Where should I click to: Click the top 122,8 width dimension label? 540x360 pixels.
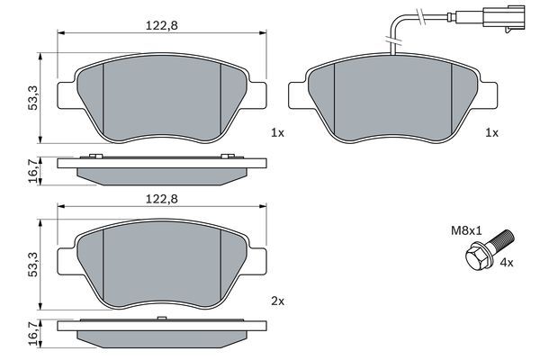(x=162, y=26)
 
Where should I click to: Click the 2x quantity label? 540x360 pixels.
(x=277, y=301)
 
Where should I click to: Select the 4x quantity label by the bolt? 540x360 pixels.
(x=506, y=263)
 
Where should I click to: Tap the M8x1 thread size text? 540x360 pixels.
(x=465, y=230)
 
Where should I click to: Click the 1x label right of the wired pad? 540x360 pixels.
(x=491, y=132)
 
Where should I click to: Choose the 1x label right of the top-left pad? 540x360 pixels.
(x=277, y=132)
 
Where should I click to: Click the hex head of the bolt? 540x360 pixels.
(x=476, y=259)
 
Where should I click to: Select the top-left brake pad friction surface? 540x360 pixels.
(x=162, y=99)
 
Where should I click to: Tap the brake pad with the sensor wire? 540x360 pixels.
(x=391, y=99)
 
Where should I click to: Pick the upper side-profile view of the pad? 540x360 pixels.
(x=162, y=166)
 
